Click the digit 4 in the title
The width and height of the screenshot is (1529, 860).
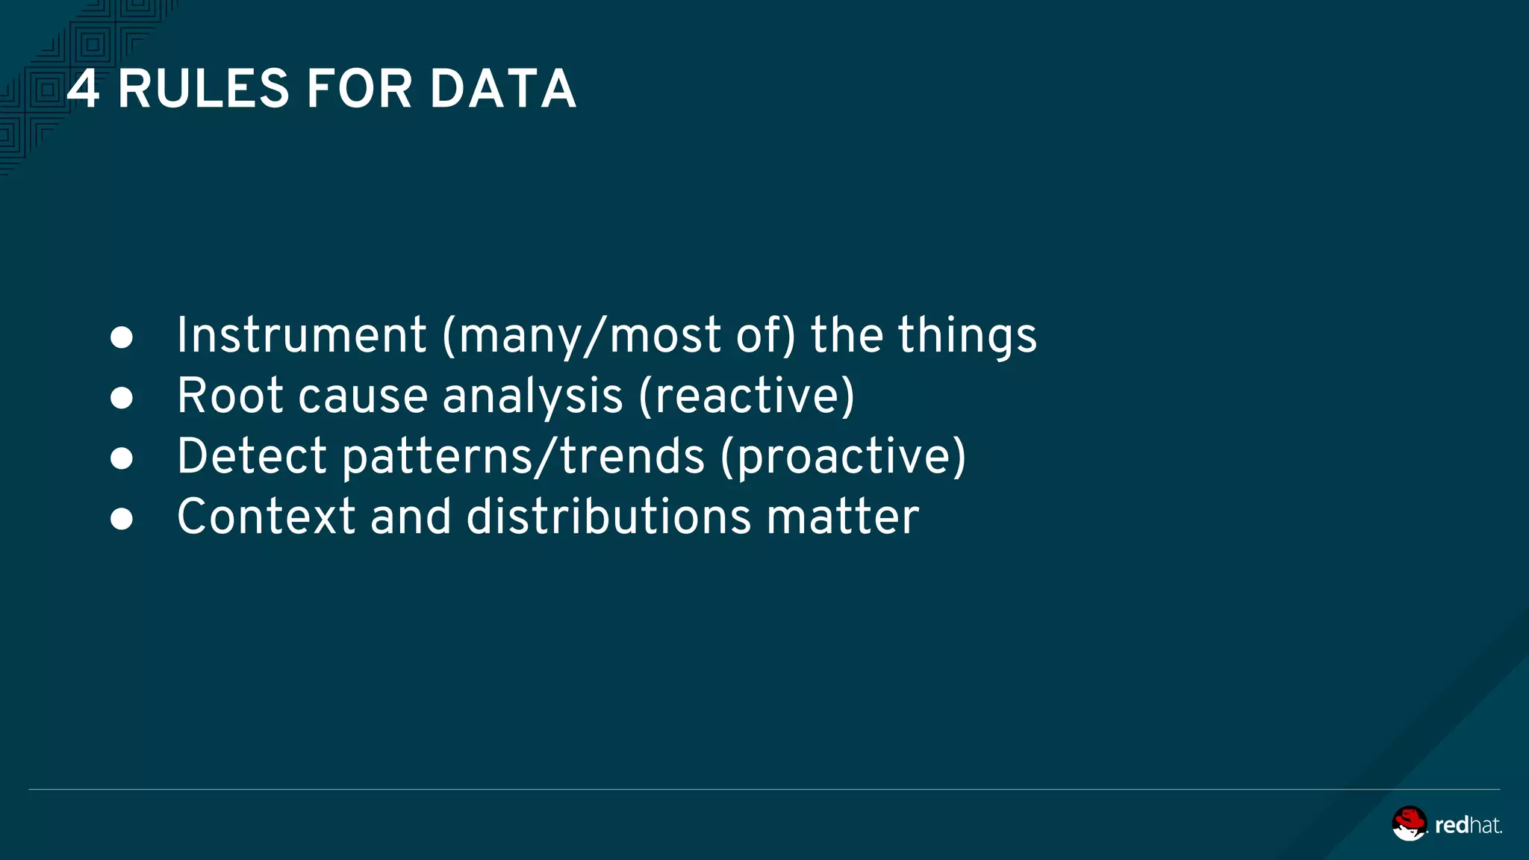coord(83,89)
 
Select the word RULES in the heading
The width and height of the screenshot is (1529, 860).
coord(203,89)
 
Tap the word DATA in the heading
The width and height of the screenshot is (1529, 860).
coord(502,89)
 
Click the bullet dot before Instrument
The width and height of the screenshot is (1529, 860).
coord(122,337)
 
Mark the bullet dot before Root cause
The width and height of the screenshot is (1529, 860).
coord(122,398)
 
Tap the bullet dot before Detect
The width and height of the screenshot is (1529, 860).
coord(122,458)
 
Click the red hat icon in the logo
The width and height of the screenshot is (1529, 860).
coord(1409,823)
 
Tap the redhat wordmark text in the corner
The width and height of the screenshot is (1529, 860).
coord(1468,825)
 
